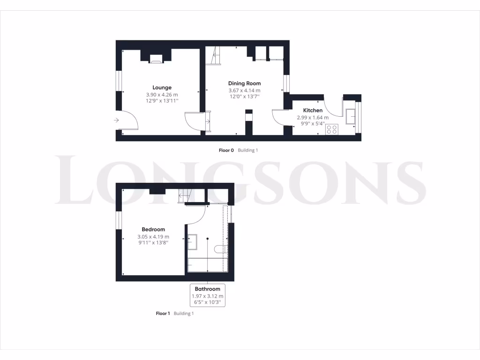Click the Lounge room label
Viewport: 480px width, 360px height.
pos(162,87)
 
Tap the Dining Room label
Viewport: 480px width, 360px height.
pos(244,83)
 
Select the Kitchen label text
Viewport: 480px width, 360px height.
pos(313,111)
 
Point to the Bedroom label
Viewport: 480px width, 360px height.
pos(153,229)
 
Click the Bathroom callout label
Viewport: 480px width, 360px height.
pos(207,289)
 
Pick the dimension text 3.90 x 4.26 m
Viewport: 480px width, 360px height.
pos(162,94)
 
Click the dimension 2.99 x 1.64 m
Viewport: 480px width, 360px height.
pos(313,118)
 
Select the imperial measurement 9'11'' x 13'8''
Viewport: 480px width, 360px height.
pos(153,243)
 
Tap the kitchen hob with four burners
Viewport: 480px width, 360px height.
pos(332,129)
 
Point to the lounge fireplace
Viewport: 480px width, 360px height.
pos(156,59)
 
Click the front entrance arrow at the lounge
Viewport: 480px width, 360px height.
pos(116,120)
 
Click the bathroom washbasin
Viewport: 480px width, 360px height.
pos(193,242)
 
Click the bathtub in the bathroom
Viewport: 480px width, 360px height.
pos(207,265)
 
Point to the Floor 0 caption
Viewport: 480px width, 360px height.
pos(226,150)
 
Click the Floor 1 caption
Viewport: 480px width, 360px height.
pos(163,313)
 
